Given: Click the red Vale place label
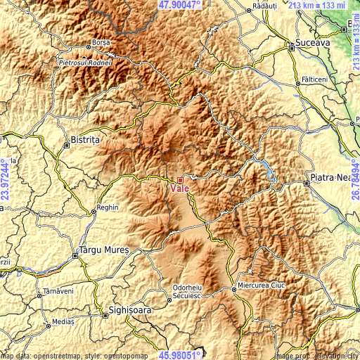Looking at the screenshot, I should (179, 189).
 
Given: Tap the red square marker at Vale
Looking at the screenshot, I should (180, 180).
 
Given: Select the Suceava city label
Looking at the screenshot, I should (311, 42).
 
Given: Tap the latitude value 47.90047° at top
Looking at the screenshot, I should (180, 4).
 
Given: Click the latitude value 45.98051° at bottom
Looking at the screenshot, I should (180, 355).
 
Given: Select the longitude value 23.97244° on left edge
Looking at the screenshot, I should (5, 180).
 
